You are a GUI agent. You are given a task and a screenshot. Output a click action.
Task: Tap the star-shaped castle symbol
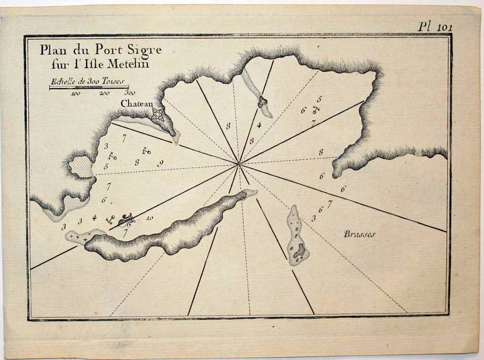click(157, 113)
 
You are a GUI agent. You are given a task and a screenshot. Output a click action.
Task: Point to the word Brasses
click(360, 234)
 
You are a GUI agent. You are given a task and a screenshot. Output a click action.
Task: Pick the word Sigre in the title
click(144, 51)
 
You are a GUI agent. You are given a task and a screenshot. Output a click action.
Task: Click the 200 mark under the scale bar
click(104, 93)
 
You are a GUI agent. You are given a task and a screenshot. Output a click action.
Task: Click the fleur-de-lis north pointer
click(128, 218)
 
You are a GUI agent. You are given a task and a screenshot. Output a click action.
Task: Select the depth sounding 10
click(150, 218)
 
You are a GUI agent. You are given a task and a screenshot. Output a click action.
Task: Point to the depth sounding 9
click(160, 163)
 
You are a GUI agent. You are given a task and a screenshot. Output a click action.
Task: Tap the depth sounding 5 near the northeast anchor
click(319, 99)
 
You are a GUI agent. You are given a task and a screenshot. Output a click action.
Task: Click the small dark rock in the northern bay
click(262, 102)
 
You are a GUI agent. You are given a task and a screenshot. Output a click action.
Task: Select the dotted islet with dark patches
click(296, 236)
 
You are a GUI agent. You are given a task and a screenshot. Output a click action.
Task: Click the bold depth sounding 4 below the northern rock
click(259, 126)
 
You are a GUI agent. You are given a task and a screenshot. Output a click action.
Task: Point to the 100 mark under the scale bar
click(75, 93)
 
